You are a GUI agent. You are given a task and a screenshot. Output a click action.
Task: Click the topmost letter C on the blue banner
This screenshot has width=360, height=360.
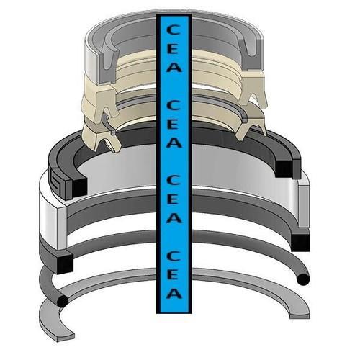pyautogui.click(x=174, y=30)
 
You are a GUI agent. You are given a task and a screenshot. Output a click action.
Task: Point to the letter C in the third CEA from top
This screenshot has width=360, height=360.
pyautogui.click(x=174, y=181)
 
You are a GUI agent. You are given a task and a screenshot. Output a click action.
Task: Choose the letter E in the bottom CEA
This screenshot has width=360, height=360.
pyautogui.click(x=174, y=274)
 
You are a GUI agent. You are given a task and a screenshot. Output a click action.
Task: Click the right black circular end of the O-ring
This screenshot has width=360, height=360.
pyautogui.click(x=303, y=279)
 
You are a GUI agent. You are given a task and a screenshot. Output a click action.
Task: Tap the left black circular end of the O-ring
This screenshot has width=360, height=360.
pyautogui.click(x=62, y=301)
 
